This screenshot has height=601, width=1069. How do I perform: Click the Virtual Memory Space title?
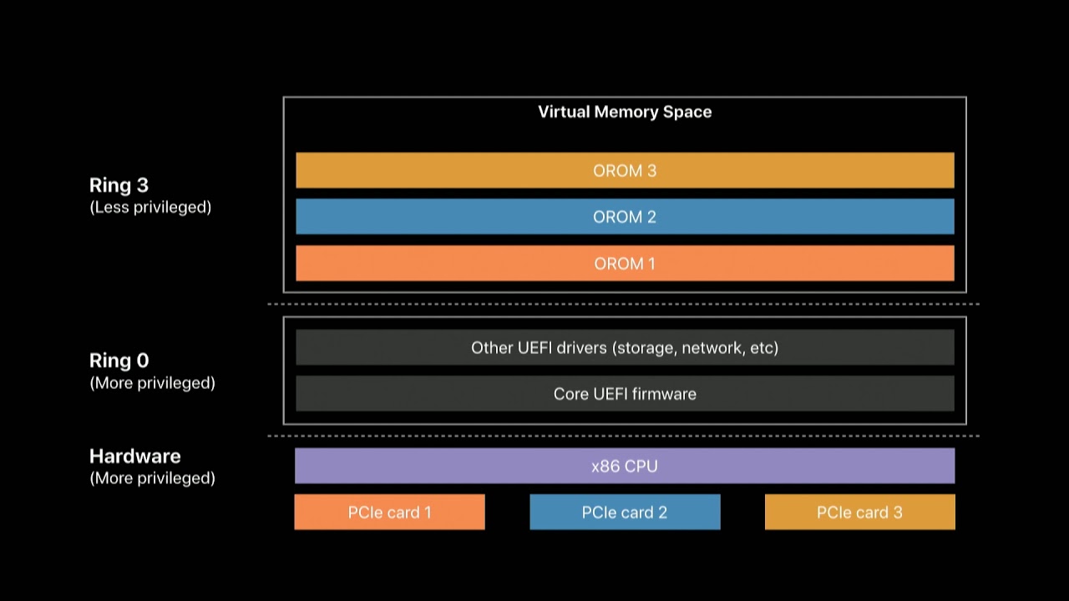click(625, 112)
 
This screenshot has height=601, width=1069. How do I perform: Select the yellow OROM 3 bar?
click(626, 170)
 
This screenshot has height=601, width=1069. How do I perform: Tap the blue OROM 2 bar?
click(626, 216)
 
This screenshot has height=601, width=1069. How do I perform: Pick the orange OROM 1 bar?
click(626, 263)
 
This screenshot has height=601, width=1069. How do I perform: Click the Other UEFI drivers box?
click(626, 347)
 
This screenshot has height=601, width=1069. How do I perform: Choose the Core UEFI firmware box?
click(626, 393)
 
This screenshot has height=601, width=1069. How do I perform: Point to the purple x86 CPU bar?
click(626, 466)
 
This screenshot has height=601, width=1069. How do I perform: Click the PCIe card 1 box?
click(389, 512)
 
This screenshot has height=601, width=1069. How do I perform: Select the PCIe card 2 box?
click(626, 512)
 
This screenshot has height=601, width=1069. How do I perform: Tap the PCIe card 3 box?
click(860, 512)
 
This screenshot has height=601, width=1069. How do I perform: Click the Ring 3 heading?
click(119, 185)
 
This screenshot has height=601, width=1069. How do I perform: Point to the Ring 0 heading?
click(119, 361)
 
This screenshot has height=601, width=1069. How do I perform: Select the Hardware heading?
click(135, 457)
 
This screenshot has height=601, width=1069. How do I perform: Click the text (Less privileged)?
click(150, 208)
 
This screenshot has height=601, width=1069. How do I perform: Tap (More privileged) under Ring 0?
click(152, 383)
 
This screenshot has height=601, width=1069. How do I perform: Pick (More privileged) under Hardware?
click(152, 478)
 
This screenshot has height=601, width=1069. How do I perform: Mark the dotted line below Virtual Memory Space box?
click(623, 304)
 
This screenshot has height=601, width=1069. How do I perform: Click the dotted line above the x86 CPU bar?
click(623, 436)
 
